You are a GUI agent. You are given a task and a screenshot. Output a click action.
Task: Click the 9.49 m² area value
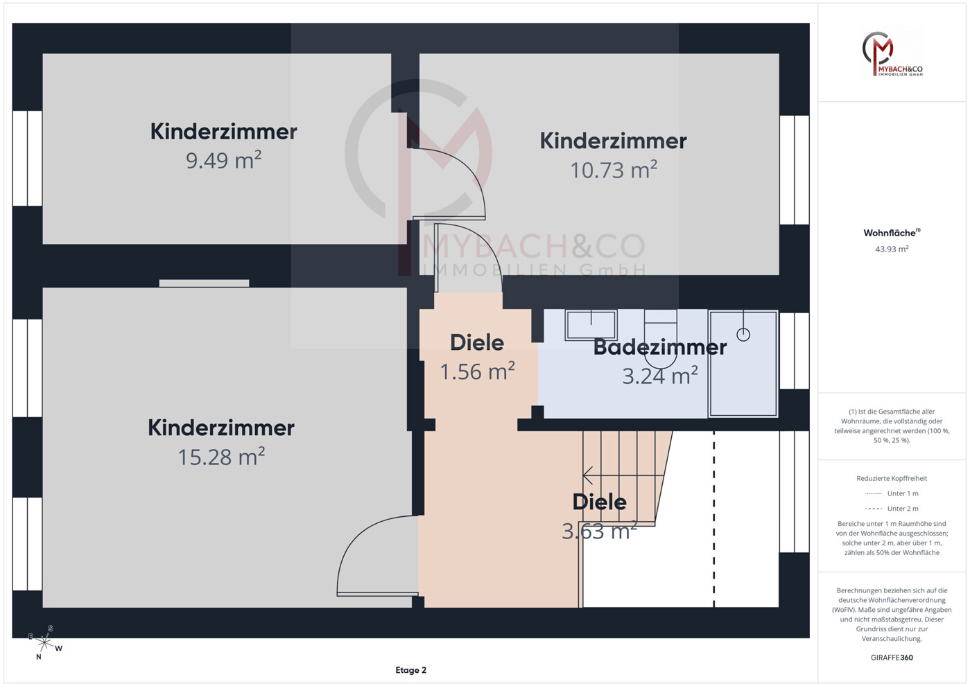coord(223,161)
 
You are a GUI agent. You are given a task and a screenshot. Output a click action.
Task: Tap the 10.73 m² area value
coord(613,170)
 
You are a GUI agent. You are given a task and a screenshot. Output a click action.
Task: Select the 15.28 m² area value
coord(221,457)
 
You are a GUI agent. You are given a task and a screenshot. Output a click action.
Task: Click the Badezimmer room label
coord(659,347)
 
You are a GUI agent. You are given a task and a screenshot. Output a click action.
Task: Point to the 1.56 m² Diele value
coord(477,372)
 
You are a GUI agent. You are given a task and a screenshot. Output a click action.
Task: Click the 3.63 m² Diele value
coord(599,531)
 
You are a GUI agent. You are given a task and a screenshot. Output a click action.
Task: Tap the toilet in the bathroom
coord(660,336)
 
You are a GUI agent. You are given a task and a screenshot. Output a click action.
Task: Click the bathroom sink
coord(591,324)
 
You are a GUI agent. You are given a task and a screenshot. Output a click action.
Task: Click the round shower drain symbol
coord(743,335)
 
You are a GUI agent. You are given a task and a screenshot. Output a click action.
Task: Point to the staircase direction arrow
coord(588,475)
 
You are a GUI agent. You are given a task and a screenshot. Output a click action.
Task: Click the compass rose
coord(44,642)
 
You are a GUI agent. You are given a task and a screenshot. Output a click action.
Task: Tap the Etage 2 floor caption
coord(410,670)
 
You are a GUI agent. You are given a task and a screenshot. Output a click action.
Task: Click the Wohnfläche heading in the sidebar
coord(891,233)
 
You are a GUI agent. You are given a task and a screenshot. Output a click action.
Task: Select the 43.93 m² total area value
coord(892,249)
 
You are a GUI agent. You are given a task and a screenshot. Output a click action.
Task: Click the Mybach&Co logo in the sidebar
coord(892,53)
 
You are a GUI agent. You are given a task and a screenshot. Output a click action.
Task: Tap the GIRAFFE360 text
coord(892,658)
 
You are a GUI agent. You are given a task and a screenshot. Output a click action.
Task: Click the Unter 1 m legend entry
coord(902,493)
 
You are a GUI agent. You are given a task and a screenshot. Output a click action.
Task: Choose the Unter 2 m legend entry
coord(902,509)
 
